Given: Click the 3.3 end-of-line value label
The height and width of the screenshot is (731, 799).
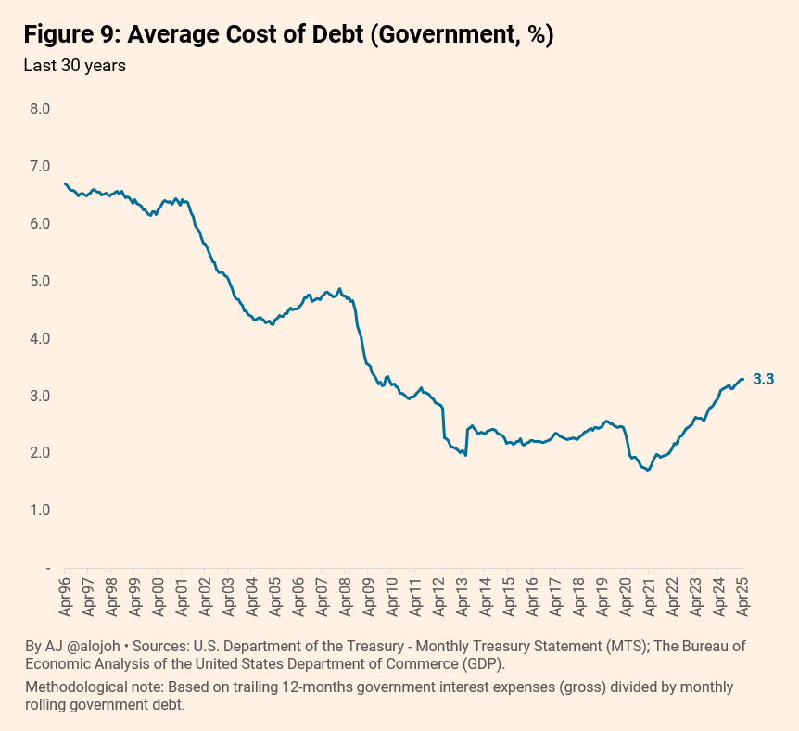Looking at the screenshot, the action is tap(764, 380).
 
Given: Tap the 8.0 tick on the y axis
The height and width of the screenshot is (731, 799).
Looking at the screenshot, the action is tap(40, 109).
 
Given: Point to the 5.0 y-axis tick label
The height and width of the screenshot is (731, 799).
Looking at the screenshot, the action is tap(40, 282).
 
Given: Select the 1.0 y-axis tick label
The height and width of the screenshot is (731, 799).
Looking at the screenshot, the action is tap(40, 510).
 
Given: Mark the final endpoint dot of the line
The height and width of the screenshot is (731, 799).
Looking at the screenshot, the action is tap(742, 379).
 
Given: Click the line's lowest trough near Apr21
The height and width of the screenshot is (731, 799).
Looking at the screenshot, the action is tap(648, 470).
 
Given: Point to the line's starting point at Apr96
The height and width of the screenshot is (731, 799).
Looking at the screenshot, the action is tap(65, 183).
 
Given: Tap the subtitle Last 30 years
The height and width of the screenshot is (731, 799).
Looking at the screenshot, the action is tap(74, 66).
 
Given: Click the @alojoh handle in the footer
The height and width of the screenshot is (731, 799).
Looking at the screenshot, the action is tap(94, 647).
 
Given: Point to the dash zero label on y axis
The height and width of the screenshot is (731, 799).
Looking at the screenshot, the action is tap(48, 568).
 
